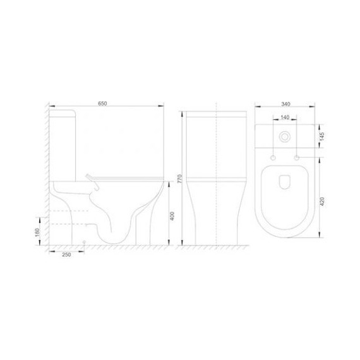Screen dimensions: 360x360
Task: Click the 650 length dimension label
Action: coord(102,104)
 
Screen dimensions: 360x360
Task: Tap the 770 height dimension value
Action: coord(179,179)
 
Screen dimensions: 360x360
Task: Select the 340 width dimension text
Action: coord(285,104)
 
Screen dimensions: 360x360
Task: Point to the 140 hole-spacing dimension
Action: coord(285,117)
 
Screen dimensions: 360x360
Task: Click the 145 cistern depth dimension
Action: coord(322,136)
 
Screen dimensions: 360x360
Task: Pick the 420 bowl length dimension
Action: coord(322,201)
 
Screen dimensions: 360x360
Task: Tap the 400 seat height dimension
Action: coord(172,216)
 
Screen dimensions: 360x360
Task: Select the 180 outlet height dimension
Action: coord(37,233)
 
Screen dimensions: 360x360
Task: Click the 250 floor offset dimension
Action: coord(66,255)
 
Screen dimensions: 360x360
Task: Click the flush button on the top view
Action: coord(285,137)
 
